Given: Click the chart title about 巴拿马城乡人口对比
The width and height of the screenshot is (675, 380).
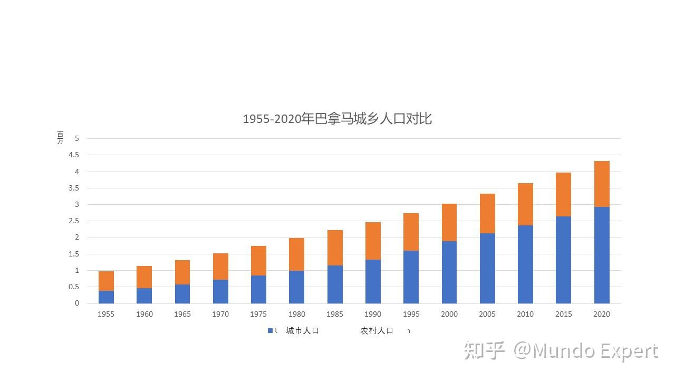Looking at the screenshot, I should click(x=337, y=119).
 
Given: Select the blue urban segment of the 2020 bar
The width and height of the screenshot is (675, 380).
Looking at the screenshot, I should click(x=602, y=255).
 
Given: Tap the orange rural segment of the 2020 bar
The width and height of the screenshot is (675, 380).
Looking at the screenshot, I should click(x=602, y=184).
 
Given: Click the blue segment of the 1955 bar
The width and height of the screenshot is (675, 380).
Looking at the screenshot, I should click(x=106, y=297).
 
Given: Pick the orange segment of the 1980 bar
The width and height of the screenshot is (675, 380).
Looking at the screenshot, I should click(x=297, y=254).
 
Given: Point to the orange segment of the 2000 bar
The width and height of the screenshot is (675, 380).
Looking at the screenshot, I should click(x=449, y=222).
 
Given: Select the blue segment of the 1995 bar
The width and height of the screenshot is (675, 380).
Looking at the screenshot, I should click(x=411, y=277).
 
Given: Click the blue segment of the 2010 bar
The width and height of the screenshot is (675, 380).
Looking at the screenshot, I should click(x=525, y=264).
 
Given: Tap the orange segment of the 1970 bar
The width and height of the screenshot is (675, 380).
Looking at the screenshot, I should click(x=220, y=267).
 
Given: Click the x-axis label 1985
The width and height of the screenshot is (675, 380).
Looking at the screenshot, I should click(x=335, y=314).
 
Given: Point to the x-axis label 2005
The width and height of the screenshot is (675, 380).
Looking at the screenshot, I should click(x=487, y=314).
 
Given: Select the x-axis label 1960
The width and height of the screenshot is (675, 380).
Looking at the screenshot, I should click(x=144, y=314).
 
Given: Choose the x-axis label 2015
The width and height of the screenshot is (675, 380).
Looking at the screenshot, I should click(x=563, y=314).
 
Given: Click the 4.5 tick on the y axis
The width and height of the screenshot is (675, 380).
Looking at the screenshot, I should click(x=73, y=155).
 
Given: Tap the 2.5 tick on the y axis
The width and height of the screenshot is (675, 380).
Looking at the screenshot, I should click(x=73, y=221).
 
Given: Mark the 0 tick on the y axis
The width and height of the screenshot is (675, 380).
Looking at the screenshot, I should click(x=76, y=303).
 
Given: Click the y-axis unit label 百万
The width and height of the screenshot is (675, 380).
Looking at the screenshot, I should click(x=60, y=138).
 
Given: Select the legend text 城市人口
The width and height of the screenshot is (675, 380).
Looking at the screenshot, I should click(x=302, y=331).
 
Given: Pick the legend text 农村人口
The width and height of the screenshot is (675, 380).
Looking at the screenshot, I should click(x=377, y=331).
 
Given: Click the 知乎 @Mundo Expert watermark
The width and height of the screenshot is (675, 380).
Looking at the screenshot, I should click(x=561, y=351).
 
